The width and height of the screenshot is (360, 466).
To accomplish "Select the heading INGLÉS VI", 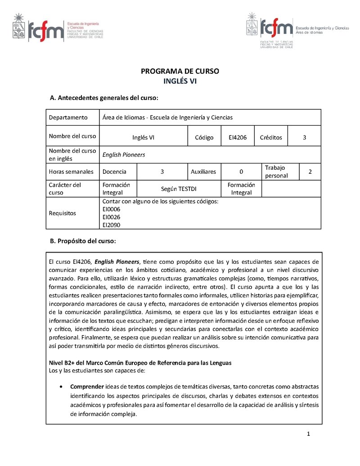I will pyautogui.click(x=180, y=81).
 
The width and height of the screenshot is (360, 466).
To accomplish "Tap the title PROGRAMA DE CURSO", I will pyautogui.click(x=180, y=71).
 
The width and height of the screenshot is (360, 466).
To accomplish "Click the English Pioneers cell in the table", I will pyautogui.click(x=124, y=154).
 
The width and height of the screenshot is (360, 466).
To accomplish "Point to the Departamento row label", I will pyautogui.click(x=68, y=118).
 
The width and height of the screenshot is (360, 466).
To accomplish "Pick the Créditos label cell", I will pyautogui.click(x=271, y=137).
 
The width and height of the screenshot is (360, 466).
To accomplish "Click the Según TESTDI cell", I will pyautogui.click(x=179, y=189).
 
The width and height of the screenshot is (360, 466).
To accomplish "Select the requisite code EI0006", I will pyautogui.click(x=112, y=209).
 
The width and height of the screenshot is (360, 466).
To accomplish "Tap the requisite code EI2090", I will pyautogui.click(x=112, y=225).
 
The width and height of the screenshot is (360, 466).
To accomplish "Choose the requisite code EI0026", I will pyautogui.click(x=112, y=217).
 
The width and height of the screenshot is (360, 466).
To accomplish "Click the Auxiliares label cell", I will pyautogui.click(x=203, y=172).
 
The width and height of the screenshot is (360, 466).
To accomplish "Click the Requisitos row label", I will pyautogui.click(x=63, y=213).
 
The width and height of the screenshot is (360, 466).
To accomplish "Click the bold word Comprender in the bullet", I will pyautogui.click(x=87, y=387).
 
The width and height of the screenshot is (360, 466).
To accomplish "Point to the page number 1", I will pyautogui.click(x=309, y=434).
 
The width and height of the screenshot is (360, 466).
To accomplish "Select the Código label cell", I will pyautogui.click(x=204, y=137).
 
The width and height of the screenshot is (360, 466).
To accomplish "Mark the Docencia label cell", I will pyautogui.click(x=114, y=172).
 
